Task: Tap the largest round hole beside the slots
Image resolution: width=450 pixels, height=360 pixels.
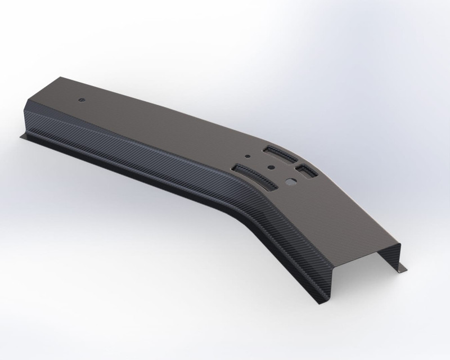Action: click(x=291, y=182)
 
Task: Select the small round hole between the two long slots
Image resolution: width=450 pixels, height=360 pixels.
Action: click(x=271, y=167)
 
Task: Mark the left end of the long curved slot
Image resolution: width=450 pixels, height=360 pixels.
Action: click(x=236, y=167)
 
